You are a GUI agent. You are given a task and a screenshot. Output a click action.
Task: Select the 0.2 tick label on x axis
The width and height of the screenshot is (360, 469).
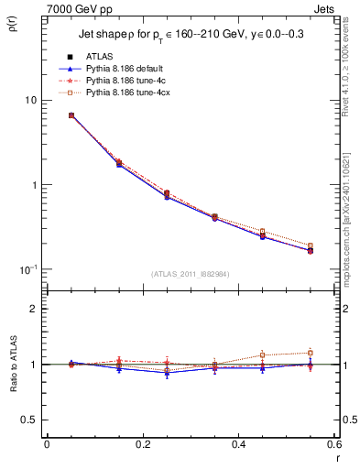[x=142, y=446]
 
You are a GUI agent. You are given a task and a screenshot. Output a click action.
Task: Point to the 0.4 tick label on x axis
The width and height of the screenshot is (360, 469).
[x=238, y=446]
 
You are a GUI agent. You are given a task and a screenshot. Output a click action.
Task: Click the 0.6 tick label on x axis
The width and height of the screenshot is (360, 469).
[x=333, y=446]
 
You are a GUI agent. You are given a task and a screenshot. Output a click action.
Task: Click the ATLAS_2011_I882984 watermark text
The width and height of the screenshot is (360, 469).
[x=190, y=273]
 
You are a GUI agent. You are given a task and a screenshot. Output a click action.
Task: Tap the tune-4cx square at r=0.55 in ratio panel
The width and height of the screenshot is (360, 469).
[x=310, y=353]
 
